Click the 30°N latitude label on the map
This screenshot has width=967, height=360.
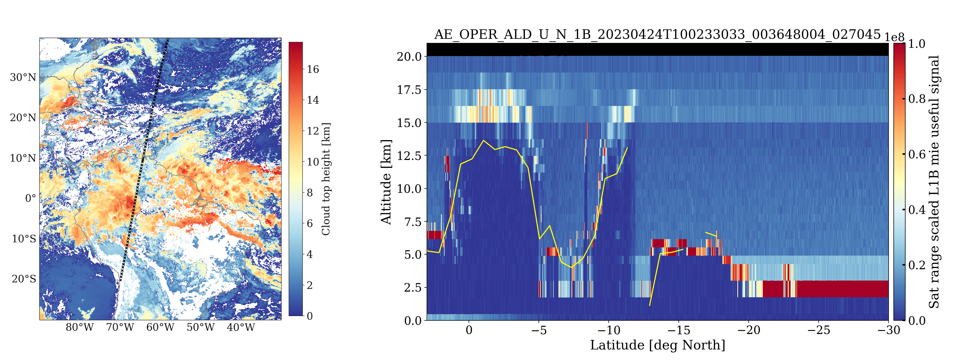click(23, 77)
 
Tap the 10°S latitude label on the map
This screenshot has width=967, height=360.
click(24, 239)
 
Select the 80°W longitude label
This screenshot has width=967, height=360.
click(79, 327)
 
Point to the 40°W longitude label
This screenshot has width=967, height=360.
click(241, 327)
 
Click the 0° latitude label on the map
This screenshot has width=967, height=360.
click(30, 198)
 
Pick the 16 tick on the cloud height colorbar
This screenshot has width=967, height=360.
click(313, 69)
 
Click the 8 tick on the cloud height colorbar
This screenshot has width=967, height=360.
click(310, 193)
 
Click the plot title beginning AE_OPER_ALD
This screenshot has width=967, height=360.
click(657, 34)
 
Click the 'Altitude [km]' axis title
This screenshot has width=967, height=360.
click(386, 182)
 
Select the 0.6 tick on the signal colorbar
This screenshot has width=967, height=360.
click(917, 154)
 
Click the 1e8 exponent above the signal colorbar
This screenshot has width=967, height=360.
click(894, 38)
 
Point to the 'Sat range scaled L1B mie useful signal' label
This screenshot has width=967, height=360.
click(934, 182)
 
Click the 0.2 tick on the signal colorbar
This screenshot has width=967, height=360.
click(917, 265)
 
